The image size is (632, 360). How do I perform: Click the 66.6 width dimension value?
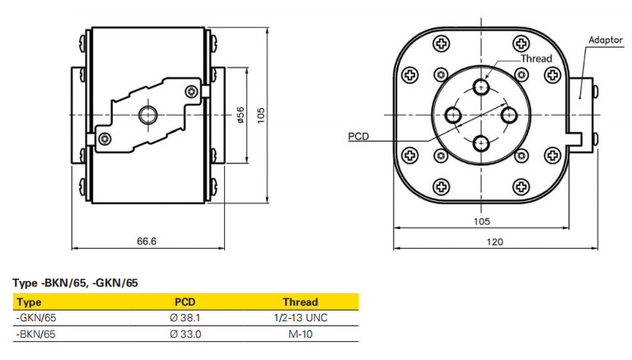click(x=147, y=241)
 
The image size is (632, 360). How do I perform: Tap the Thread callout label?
click(x=536, y=59)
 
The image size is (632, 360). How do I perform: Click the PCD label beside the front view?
click(x=358, y=136)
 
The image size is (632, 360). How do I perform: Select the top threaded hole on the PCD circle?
click(x=481, y=87)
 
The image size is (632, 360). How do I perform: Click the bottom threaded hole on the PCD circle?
click(x=481, y=143)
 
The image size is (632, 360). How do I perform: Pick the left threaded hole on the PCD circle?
click(x=453, y=115)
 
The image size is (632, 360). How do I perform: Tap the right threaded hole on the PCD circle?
click(x=509, y=115)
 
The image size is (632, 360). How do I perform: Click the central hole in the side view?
click(x=150, y=114)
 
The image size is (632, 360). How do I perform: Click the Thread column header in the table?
click(x=300, y=302)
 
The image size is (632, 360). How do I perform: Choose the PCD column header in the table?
click(x=185, y=302)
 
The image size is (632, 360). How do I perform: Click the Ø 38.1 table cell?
click(x=185, y=317)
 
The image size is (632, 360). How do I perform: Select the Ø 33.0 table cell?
click(x=185, y=334)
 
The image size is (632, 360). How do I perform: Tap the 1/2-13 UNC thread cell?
click(x=300, y=317)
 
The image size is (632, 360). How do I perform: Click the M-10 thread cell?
click(x=300, y=334)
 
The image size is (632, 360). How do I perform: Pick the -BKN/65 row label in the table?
click(x=36, y=334)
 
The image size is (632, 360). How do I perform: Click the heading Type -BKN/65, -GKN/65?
click(x=75, y=283)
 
